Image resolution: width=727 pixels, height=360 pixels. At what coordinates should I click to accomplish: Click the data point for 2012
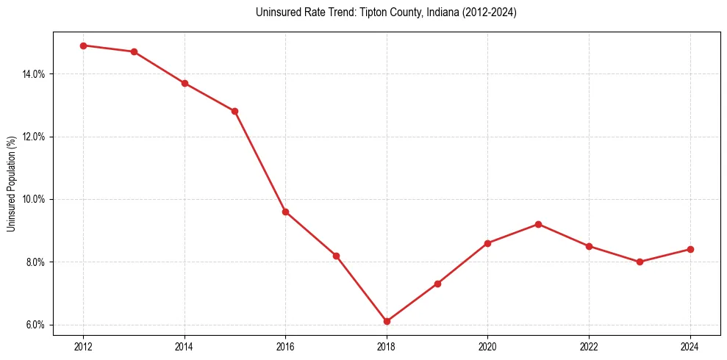click(83, 46)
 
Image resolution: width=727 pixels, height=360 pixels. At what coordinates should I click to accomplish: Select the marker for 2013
click(134, 51)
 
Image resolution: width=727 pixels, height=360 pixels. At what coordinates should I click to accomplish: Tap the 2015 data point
click(235, 111)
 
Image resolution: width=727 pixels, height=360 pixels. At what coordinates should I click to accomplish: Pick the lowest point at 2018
click(387, 321)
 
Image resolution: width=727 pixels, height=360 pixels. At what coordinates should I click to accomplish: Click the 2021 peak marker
click(538, 224)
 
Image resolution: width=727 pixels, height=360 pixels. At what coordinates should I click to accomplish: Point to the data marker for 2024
click(690, 249)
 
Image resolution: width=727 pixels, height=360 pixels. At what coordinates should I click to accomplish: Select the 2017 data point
click(336, 256)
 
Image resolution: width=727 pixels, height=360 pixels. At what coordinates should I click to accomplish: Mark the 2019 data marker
click(437, 284)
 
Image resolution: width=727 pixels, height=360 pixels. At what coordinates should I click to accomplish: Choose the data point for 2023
click(640, 262)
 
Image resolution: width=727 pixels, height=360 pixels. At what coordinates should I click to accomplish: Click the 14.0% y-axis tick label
click(35, 74)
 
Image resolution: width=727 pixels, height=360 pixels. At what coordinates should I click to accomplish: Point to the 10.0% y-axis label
click(35, 199)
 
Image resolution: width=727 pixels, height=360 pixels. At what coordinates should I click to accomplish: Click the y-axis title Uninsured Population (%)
click(11, 184)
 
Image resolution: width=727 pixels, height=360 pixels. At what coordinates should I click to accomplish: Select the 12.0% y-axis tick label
click(35, 137)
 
